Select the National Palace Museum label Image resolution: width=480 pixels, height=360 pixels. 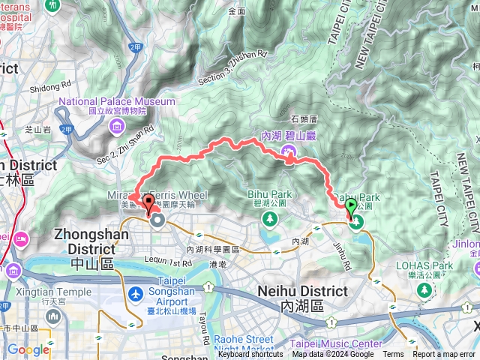[x=116, y=101]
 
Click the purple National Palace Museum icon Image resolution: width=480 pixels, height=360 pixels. [x=118, y=128]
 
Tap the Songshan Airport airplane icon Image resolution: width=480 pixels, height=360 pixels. [x=136, y=293]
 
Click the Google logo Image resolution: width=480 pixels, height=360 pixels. [x=28, y=349]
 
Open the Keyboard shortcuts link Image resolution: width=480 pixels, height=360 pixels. [x=250, y=355]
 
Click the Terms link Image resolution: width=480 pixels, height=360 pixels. [x=393, y=355]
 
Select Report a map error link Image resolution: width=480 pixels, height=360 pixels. [x=444, y=355]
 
